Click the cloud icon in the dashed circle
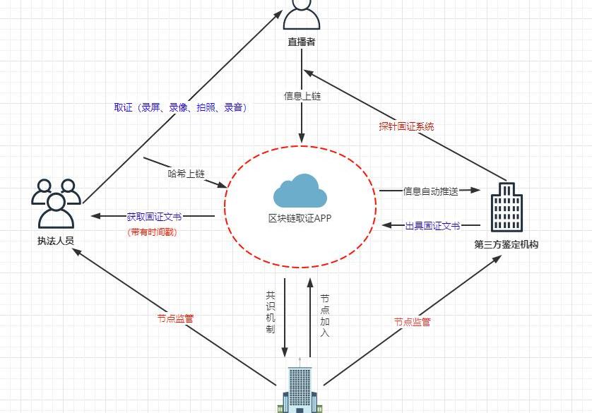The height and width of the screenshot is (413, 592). coord(300,190)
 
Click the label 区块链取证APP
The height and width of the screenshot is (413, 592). coord(300,218)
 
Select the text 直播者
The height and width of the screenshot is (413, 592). coord(302,42)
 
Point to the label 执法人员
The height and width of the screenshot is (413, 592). coord(56,241)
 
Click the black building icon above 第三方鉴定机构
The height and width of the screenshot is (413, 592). coord(506,207)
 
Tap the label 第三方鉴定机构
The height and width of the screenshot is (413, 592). coord(507,245)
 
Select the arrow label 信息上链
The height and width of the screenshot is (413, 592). coord(302,96)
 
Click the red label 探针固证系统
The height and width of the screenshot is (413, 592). coord(406,127)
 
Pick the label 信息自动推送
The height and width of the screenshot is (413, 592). coord(431,191)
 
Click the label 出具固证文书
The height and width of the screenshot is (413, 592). coord(432,226)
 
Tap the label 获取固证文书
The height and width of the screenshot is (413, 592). coord(154,216)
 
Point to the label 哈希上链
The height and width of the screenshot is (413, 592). coord(186,174)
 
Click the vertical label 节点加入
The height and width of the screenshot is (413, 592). coord(324,316)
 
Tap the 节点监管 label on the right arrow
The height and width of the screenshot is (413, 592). coord(412,322)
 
